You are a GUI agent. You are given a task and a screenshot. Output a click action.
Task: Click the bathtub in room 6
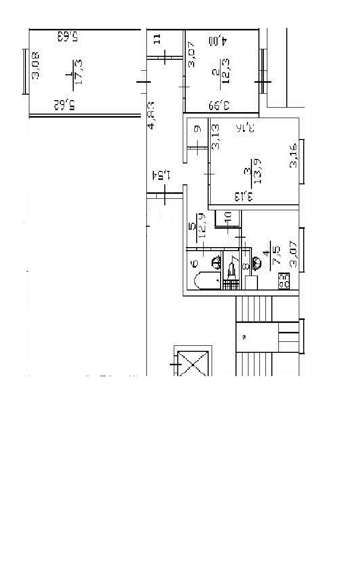(x=206, y=281)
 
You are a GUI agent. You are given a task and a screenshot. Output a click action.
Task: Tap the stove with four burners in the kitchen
(x=284, y=282)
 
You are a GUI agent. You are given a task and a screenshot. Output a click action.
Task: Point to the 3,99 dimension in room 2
(x=219, y=105)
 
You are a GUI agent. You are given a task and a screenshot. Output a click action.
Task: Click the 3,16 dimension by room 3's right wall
(x=294, y=155)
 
